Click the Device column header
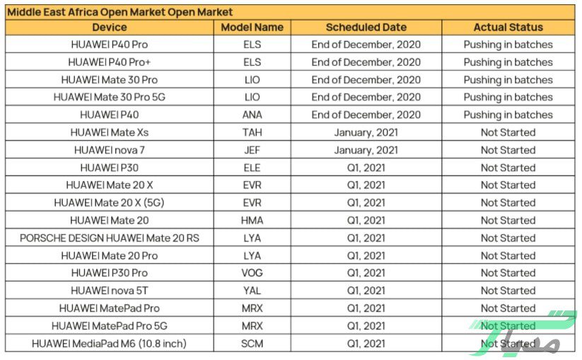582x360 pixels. tap(110, 27)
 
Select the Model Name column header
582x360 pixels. tap(252, 27)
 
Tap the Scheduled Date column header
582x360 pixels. tap(366, 27)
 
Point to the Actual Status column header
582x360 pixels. tap(508, 27)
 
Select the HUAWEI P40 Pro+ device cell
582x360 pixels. tap(110, 62)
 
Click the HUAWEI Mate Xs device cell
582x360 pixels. tap(110, 132)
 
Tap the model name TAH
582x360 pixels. tap(252, 132)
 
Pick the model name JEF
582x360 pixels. tap(252, 150)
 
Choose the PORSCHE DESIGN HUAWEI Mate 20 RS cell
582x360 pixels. tap(110, 238)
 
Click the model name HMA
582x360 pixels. tap(252, 221)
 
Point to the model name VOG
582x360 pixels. tap(252, 273)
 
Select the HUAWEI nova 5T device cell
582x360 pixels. tap(110, 291)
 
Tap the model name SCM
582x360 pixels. tap(252, 344)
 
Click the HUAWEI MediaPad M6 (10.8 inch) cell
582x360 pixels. tap(110, 344)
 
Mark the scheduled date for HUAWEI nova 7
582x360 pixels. tap(366, 150)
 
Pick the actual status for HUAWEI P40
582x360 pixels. tap(508, 115)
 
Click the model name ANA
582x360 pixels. tap(252, 115)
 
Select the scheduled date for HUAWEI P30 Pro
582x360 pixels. tap(366, 273)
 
